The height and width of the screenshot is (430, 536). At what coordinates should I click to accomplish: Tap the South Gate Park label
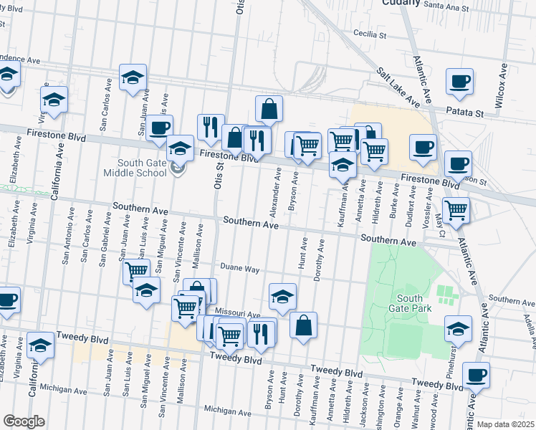point(409,304)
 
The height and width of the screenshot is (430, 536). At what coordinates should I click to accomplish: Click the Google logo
point(23,421)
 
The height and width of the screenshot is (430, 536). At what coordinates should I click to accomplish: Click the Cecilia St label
point(369,34)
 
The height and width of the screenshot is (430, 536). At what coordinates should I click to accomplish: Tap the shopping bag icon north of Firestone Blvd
point(269,109)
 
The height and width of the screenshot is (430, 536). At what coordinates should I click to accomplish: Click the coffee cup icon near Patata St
point(459,82)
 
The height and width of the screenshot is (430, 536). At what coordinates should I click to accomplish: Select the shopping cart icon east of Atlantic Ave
point(456,210)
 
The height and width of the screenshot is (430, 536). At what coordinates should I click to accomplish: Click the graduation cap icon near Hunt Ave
point(283,295)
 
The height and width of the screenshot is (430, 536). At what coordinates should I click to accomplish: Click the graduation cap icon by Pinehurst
point(458,328)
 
